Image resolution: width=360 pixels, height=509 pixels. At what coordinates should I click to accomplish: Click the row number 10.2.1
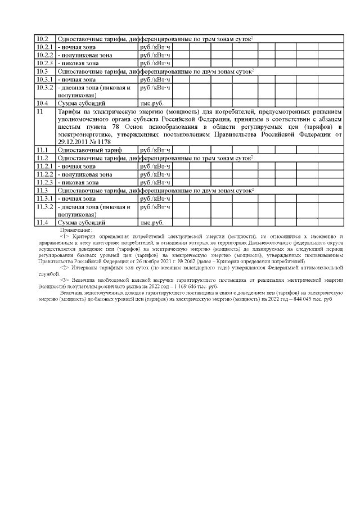tap(44, 47)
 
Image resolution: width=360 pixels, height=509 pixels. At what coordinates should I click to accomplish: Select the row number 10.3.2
tap(44, 88)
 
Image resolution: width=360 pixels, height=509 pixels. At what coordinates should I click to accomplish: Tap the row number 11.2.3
tap(44, 182)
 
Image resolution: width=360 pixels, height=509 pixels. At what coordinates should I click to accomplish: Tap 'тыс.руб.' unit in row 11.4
tap(151, 223)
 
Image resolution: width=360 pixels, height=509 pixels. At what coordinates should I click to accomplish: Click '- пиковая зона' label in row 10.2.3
tap(81, 64)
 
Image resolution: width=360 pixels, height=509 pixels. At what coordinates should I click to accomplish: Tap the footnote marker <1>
tap(64, 236)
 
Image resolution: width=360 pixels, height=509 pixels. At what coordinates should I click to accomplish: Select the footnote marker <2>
tap(64, 268)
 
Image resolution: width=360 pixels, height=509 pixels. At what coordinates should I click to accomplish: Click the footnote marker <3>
tap(64, 280)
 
